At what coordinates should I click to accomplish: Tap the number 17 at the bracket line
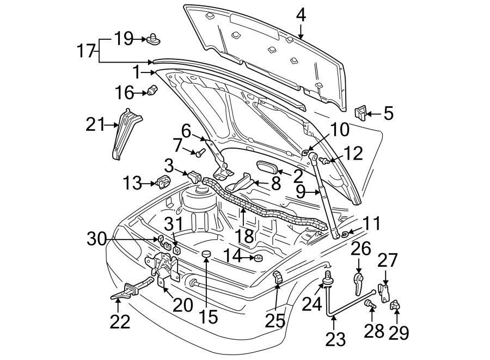click(85, 52)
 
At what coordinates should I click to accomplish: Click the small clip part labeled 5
click(360, 113)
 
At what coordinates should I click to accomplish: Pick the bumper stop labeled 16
click(153, 90)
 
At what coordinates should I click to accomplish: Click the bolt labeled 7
click(199, 152)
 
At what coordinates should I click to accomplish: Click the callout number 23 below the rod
click(335, 340)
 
